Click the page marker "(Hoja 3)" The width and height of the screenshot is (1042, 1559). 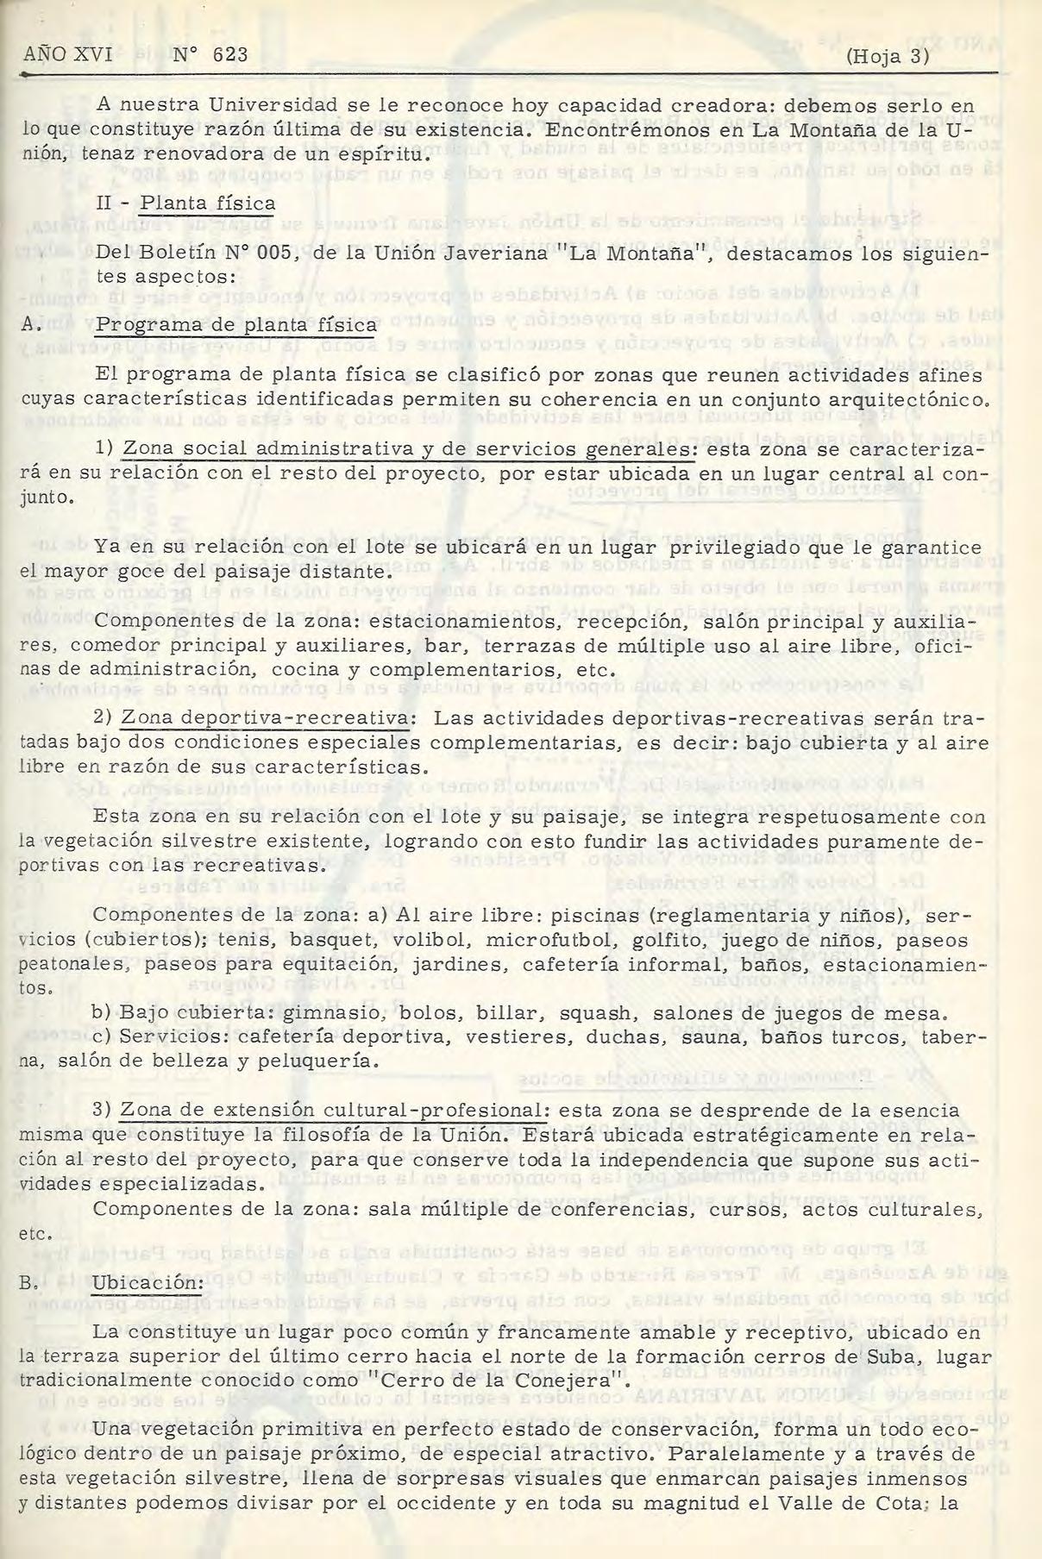tap(888, 56)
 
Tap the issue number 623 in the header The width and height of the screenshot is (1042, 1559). tap(229, 55)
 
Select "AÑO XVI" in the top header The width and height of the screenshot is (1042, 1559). tap(68, 55)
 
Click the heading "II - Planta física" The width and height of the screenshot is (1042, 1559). tap(185, 203)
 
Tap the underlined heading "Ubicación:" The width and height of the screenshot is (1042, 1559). tap(148, 1282)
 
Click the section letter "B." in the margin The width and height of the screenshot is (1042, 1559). tap(31, 1283)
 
